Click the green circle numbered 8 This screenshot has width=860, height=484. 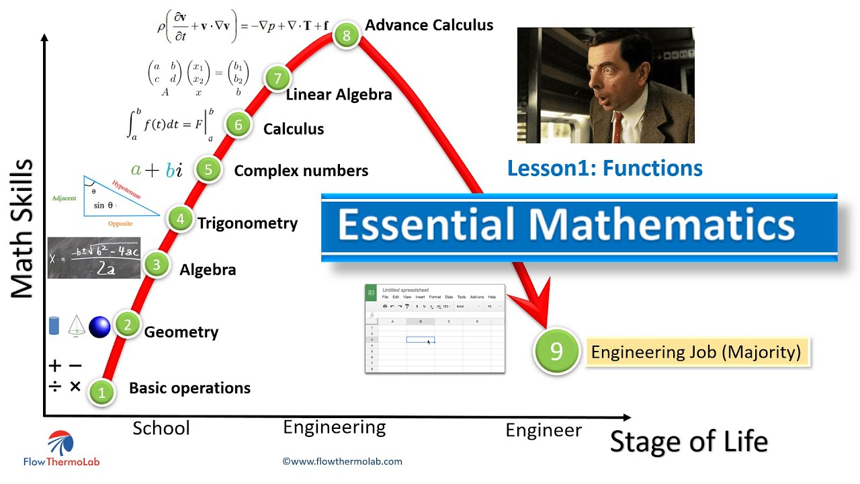(346, 36)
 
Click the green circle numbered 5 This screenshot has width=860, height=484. (208, 169)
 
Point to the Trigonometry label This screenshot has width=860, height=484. (247, 223)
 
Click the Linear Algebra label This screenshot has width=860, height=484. (339, 95)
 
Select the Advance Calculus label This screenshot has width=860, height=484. (429, 26)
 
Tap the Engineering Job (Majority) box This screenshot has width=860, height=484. (696, 352)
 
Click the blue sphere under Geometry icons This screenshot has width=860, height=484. (99, 327)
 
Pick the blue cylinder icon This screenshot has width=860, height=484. (55, 326)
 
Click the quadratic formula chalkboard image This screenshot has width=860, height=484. (94, 257)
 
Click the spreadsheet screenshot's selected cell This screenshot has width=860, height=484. (420, 339)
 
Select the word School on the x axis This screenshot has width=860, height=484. (161, 428)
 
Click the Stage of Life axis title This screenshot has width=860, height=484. (689, 442)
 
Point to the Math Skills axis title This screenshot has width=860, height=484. (23, 229)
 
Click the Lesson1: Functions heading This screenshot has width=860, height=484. (605, 168)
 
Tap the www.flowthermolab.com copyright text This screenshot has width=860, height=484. (343, 461)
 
